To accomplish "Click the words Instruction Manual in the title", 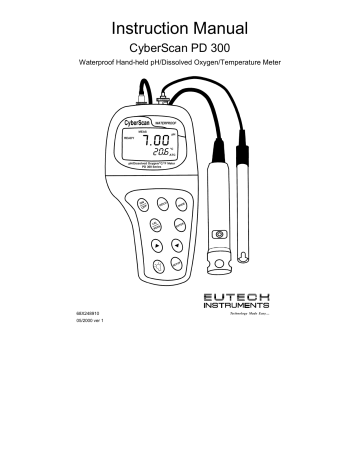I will tap(179, 22).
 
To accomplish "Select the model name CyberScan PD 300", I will tap(179, 47).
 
